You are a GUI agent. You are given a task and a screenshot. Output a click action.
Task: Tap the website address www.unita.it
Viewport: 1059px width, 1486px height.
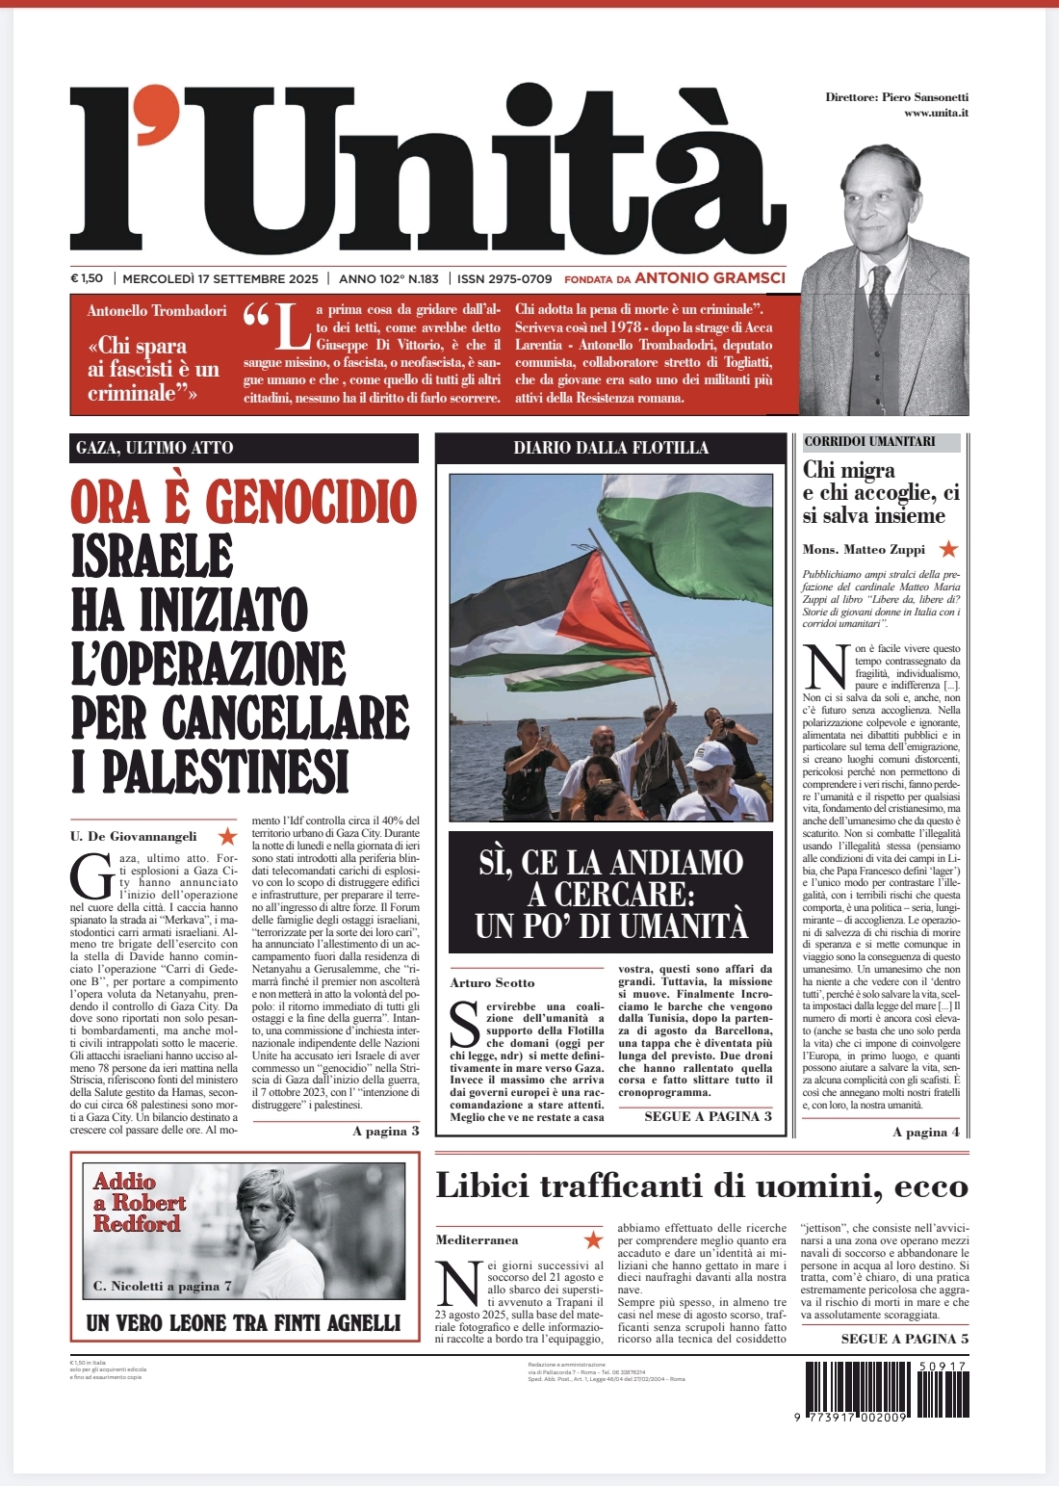[x=936, y=114]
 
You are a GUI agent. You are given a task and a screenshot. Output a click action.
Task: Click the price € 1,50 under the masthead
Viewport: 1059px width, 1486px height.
[x=87, y=278]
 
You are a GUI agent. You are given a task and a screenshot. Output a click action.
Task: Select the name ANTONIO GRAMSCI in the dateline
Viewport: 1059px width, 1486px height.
[x=710, y=277]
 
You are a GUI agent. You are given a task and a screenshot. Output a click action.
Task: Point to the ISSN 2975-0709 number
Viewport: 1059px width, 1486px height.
[x=504, y=278]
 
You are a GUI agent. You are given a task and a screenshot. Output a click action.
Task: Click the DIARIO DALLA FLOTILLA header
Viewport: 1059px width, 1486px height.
[x=610, y=447]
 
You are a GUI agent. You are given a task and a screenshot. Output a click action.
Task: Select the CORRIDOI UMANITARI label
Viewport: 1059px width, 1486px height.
[x=869, y=441]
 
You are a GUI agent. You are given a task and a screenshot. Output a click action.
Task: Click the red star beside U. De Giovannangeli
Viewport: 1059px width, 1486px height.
[x=227, y=836]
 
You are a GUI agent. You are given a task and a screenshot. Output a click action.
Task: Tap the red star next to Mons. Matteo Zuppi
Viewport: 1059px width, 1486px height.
[x=948, y=549]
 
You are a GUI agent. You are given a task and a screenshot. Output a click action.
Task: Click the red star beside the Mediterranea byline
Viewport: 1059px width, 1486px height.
[x=594, y=1239]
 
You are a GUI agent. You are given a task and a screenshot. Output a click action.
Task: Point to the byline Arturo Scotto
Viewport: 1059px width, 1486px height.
[x=492, y=982]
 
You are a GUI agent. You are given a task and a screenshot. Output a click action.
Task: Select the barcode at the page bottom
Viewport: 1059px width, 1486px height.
[x=885, y=1391]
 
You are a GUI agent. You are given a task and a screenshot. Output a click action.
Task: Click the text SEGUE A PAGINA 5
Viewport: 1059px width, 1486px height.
[x=904, y=1339]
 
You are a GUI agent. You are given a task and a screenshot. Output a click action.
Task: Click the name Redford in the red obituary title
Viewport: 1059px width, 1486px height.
[x=137, y=1223]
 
